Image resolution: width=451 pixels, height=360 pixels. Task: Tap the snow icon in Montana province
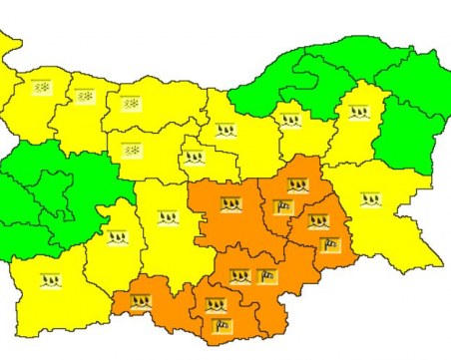[84, 97]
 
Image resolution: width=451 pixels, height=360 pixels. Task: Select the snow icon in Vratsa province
[131, 103]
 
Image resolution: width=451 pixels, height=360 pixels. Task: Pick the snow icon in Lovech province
[130, 151]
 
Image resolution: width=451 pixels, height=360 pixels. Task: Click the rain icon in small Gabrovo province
[195, 157]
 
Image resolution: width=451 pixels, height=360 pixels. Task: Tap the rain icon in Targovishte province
[290, 121]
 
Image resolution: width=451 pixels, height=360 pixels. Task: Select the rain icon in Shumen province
[357, 114]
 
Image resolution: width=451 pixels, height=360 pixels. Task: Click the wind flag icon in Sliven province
[282, 207]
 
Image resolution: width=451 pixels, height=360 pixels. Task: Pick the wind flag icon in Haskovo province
[266, 276]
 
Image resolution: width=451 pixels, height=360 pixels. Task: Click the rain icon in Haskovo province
[239, 276]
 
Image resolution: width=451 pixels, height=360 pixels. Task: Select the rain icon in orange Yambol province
[318, 221]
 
